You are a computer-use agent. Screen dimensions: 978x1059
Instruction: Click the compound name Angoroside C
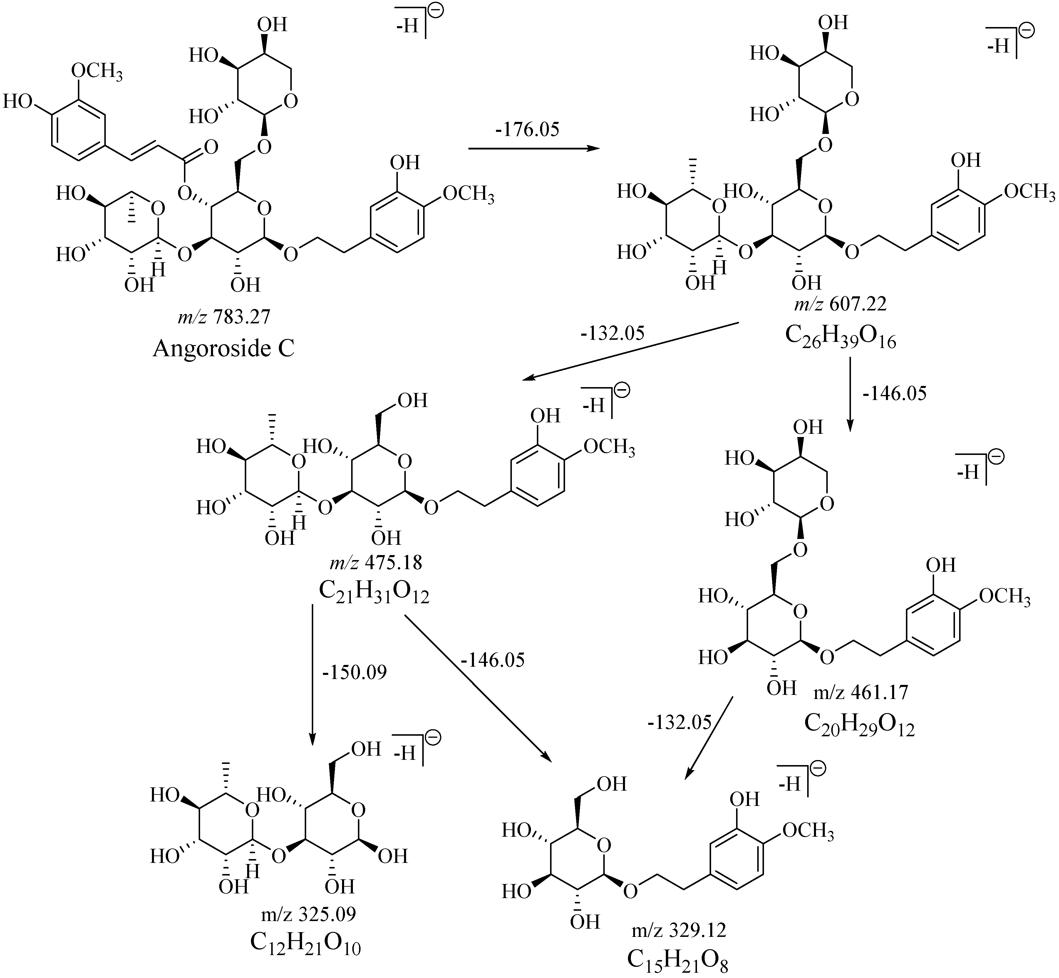pyautogui.click(x=223, y=349)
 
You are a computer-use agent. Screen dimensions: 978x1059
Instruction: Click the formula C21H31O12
pyautogui.click(x=374, y=593)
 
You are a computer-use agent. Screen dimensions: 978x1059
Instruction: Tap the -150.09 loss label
pyautogui.click(x=355, y=672)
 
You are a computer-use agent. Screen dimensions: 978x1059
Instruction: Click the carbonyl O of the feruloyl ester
pyautogui.click(x=211, y=147)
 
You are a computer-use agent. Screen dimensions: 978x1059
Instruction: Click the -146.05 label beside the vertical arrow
pyautogui.click(x=895, y=393)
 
